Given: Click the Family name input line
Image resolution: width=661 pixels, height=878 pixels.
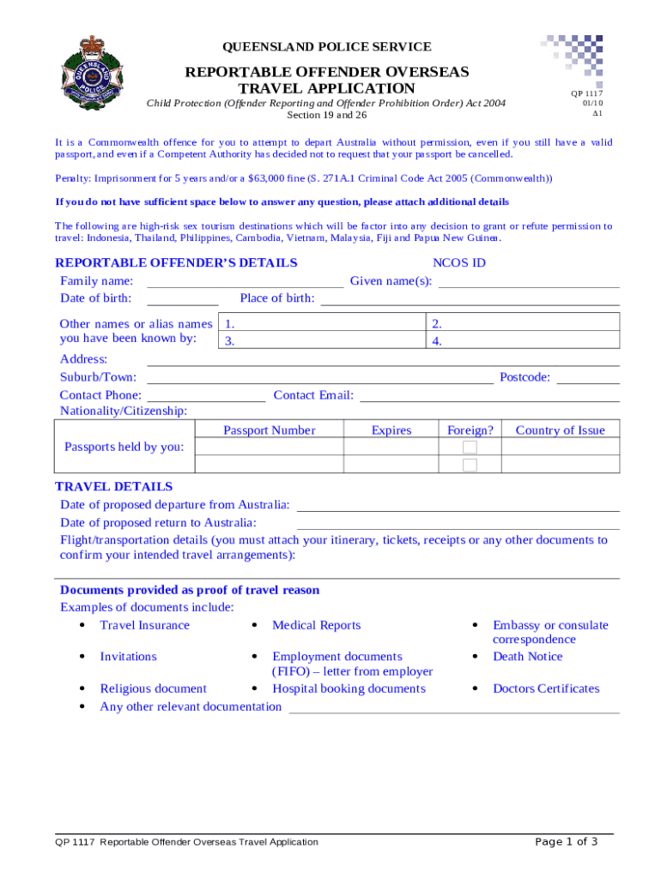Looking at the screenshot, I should [246, 282].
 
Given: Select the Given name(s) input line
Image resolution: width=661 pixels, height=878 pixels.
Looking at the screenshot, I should [529, 282].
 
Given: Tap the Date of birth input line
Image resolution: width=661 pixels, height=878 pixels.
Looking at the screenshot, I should [183, 299].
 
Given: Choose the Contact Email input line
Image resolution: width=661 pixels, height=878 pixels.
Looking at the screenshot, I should [490, 396].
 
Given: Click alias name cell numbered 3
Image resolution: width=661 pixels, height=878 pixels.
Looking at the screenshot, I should [323, 341].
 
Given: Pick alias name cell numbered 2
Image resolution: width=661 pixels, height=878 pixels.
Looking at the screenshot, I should [523, 323].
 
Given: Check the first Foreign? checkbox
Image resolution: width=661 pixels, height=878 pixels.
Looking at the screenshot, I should [470, 448].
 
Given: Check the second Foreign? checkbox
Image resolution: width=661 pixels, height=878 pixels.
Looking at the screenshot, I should [470, 465].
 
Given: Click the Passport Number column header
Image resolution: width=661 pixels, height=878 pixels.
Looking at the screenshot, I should [270, 430].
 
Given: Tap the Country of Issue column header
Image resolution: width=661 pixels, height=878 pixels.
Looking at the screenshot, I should [560, 430].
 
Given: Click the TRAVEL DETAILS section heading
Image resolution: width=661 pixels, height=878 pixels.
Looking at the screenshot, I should [114, 486].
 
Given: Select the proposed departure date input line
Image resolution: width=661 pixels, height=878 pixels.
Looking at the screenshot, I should [458, 505].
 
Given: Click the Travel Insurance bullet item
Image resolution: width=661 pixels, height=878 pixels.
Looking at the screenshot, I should [144, 625].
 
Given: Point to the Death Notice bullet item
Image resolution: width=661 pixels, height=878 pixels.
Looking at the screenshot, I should [527, 657].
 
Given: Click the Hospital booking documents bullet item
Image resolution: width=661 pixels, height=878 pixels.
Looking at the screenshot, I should [349, 689].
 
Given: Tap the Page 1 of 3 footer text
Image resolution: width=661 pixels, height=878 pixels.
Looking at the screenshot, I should [567, 841].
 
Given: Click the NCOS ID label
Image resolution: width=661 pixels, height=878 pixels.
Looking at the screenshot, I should [459, 263].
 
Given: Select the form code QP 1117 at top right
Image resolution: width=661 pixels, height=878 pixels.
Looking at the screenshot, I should [587, 93].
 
